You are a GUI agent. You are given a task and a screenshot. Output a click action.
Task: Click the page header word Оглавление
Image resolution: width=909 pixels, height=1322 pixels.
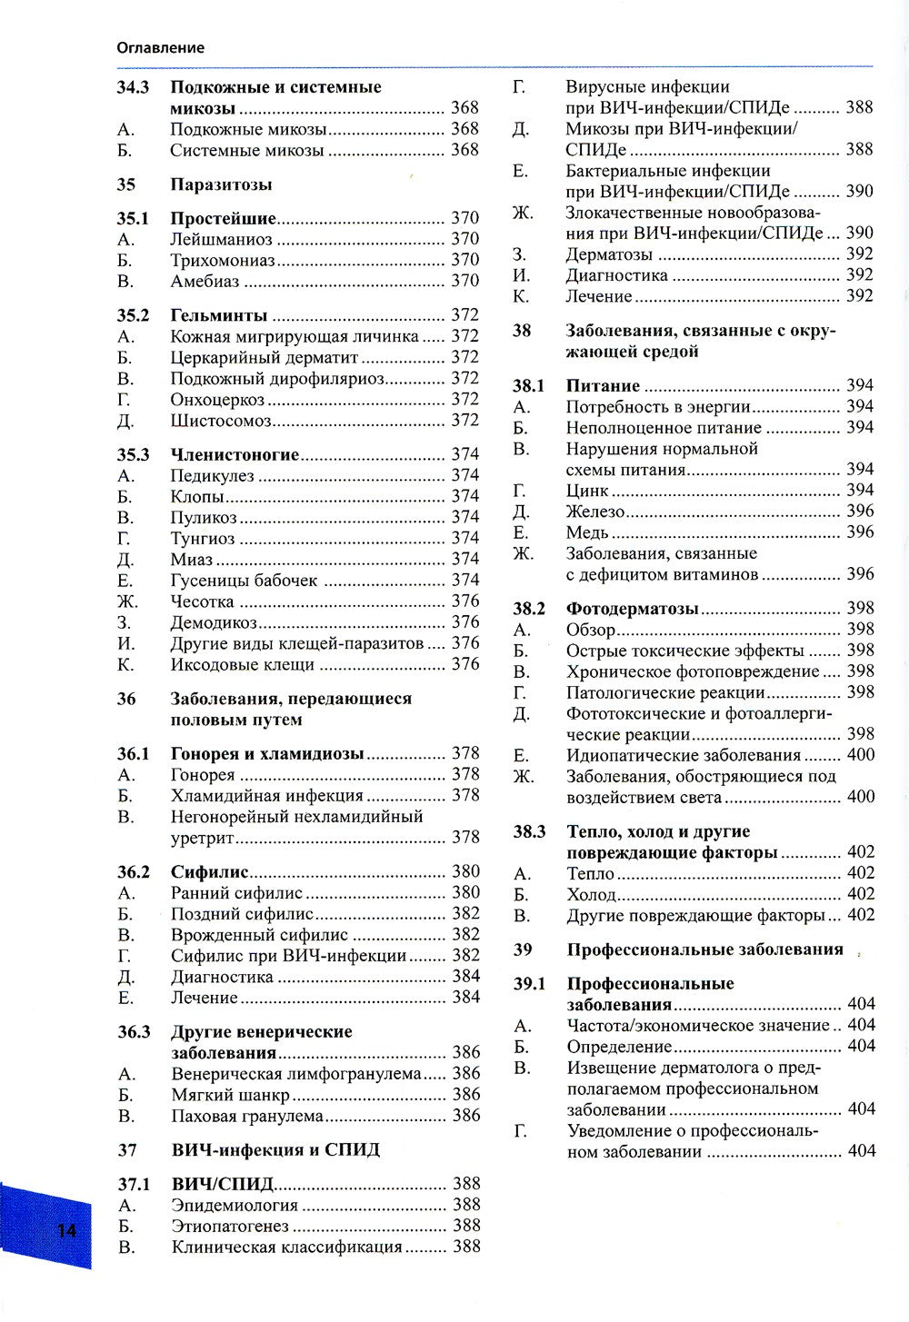(x=160, y=47)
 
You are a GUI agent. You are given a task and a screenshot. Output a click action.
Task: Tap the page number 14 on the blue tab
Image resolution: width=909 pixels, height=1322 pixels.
(x=66, y=1231)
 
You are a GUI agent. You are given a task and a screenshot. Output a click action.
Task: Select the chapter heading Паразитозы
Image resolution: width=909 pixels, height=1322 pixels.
(x=221, y=184)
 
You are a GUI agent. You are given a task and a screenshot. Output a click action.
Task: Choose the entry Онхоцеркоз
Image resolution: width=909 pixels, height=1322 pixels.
(x=217, y=399)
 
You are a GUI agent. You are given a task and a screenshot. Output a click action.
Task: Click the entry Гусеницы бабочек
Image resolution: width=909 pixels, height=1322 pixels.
(x=244, y=580)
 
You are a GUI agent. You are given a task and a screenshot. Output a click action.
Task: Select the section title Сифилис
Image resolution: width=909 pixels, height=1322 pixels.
(x=209, y=872)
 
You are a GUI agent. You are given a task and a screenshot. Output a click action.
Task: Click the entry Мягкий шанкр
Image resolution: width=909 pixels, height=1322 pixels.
(x=230, y=1095)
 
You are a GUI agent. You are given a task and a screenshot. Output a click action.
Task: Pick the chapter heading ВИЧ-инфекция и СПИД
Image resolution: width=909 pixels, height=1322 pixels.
(x=275, y=1150)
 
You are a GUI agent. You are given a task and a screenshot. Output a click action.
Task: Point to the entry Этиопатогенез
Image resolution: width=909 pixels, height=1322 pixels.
(x=230, y=1226)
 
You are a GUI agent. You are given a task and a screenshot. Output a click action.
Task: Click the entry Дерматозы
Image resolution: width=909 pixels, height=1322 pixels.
(x=609, y=254)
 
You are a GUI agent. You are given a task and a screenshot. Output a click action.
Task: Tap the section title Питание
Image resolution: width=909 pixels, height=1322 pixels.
(x=603, y=386)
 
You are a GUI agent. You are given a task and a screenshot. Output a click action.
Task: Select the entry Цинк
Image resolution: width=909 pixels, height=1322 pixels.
(x=587, y=491)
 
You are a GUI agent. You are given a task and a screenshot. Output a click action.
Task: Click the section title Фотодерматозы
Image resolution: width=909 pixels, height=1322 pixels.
(x=632, y=609)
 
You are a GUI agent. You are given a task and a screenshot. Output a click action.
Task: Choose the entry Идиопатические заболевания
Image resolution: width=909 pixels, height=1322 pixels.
(x=683, y=755)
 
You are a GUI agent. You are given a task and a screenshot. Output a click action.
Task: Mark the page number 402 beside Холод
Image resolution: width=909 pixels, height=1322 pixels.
(x=860, y=894)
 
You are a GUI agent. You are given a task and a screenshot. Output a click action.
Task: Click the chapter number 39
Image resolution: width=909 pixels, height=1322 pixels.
(x=522, y=949)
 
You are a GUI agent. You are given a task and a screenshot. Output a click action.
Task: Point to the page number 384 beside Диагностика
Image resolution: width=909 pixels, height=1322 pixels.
(x=465, y=977)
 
